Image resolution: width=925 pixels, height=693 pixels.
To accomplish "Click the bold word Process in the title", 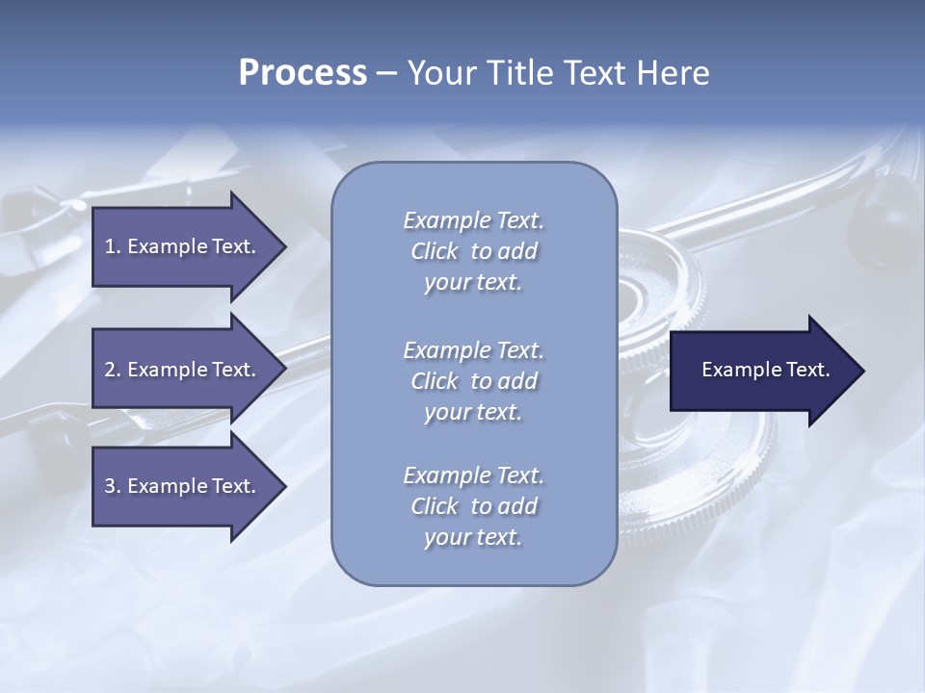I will point(303,73).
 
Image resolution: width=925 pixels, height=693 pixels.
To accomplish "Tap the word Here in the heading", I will point(672,73).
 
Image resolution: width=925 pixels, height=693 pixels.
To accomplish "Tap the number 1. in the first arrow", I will point(113,246).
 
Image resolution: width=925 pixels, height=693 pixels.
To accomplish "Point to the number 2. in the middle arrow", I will point(113,370).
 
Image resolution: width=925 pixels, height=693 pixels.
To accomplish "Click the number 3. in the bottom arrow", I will point(113,486).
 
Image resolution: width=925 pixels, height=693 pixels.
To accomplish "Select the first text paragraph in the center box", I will point(473,251).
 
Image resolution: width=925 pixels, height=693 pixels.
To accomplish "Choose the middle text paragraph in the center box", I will point(473,381).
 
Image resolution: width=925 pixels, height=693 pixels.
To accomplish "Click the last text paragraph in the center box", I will point(473,506).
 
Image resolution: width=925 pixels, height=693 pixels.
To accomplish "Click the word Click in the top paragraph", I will point(435,251).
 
